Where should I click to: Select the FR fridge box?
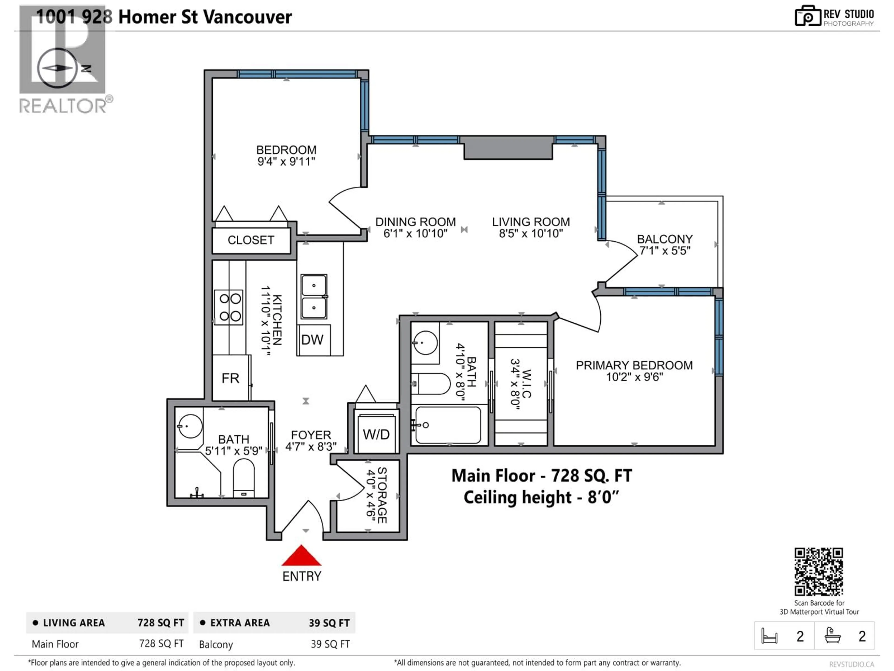click(x=230, y=378)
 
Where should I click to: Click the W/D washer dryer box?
click(x=376, y=434)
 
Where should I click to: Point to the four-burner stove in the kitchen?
click(x=229, y=307)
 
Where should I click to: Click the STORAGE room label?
click(x=382, y=496)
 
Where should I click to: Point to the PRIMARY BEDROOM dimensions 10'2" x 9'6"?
click(x=634, y=377)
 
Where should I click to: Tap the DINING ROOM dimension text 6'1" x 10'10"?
click(x=416, y=233)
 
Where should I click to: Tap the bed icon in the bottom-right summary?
click(x=769, y=636)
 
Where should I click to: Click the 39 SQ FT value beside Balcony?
click(x=330, y=644)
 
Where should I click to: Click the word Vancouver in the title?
click(x=247, y=17)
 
